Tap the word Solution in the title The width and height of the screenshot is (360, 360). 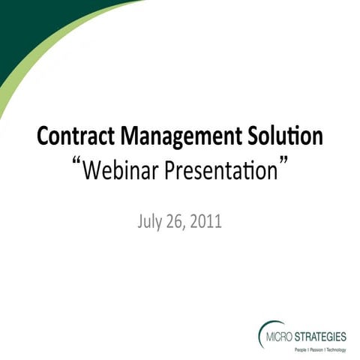[x=280, y=138]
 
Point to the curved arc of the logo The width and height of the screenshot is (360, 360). [x=260, y=330]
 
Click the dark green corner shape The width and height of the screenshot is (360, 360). [x=30, y=30]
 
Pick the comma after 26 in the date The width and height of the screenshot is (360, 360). [x=191, y=226]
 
